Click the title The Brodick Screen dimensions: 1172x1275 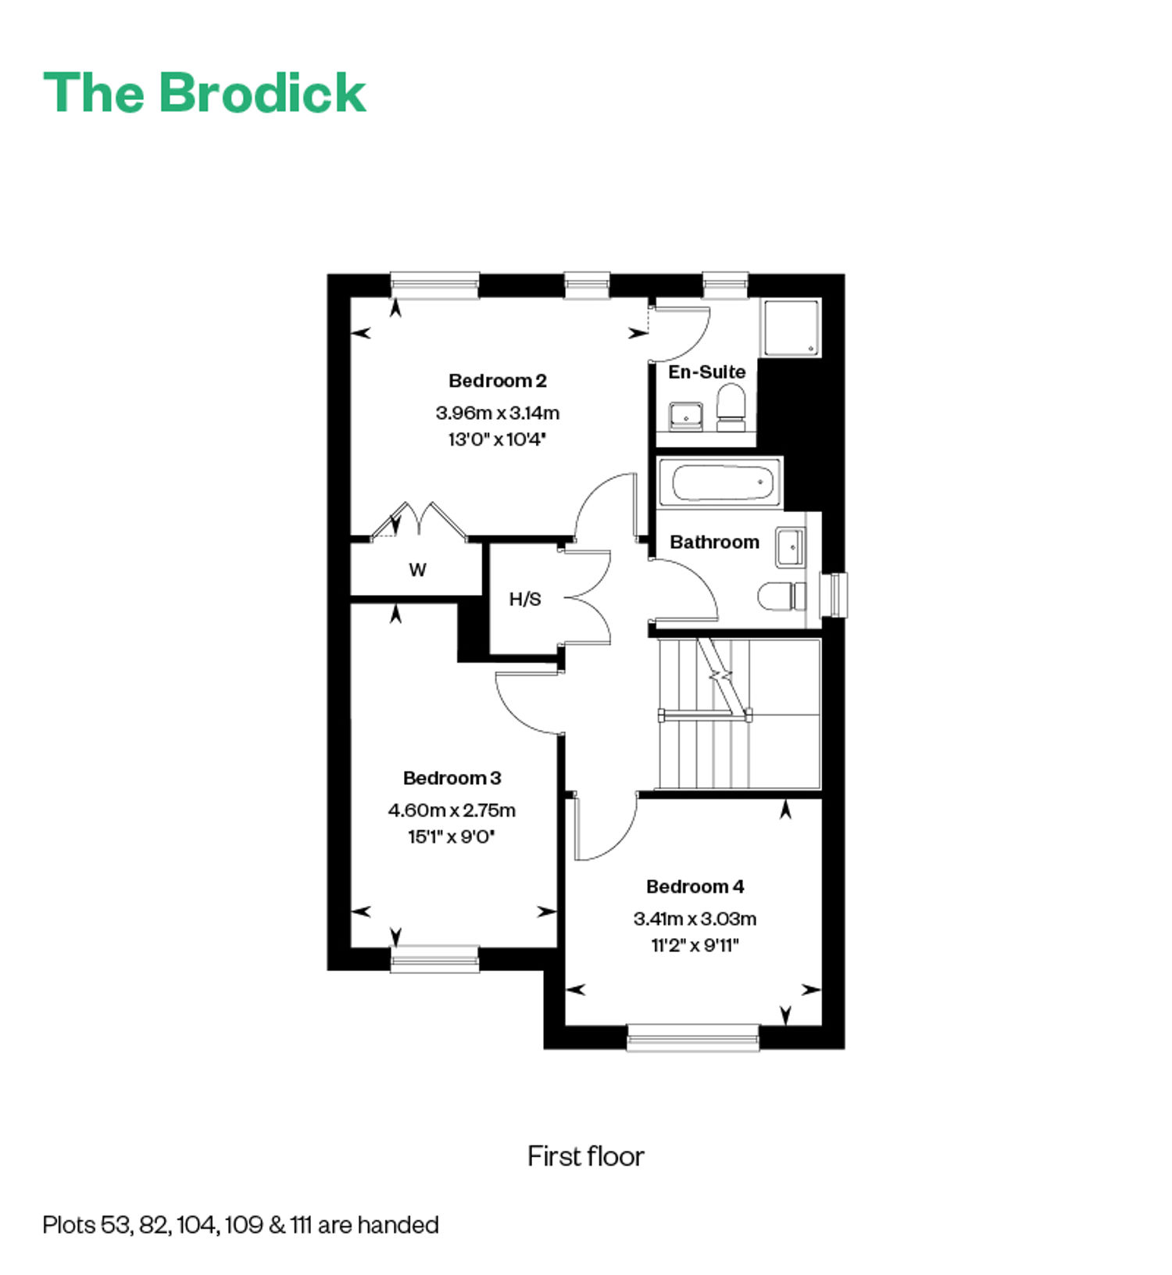click(x=205, y=93)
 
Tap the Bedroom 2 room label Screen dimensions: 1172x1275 click(x=498, y=381)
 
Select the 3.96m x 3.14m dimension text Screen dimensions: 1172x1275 click(x=498, y=413)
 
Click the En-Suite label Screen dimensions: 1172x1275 click(x=706, y=372)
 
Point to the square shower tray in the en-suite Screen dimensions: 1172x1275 click(x=791, y=328)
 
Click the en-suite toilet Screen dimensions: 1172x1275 click(x=731, y=407)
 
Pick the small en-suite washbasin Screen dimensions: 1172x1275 click(x=686, y=417)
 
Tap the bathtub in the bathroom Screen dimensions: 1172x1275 click(x=720, y=482)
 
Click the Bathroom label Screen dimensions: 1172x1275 click(x=714, y=542)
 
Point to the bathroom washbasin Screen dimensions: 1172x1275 click(x=790, y=547)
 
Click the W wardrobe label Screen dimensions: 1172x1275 click(x=417, y=570)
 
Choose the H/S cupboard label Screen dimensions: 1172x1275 click(x=525, y=600)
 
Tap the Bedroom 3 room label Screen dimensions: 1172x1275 click(x=452, y=778)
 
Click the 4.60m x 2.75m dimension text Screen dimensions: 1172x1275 click(x=452, y=810)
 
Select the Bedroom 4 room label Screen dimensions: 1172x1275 click(x=695, y=886)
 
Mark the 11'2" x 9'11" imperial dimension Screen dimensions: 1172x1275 click(x=695, y=945)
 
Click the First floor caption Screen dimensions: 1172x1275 click(x=586, y=1156)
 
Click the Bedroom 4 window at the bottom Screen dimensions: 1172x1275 click(x=693, y=1037)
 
